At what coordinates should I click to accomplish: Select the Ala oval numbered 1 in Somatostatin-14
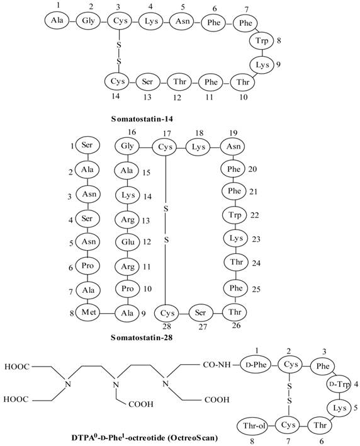(x=55, y=21)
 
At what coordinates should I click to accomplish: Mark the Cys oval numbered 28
(x=166, y=313)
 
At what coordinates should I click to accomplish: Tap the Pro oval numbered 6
(x=86, y=265)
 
